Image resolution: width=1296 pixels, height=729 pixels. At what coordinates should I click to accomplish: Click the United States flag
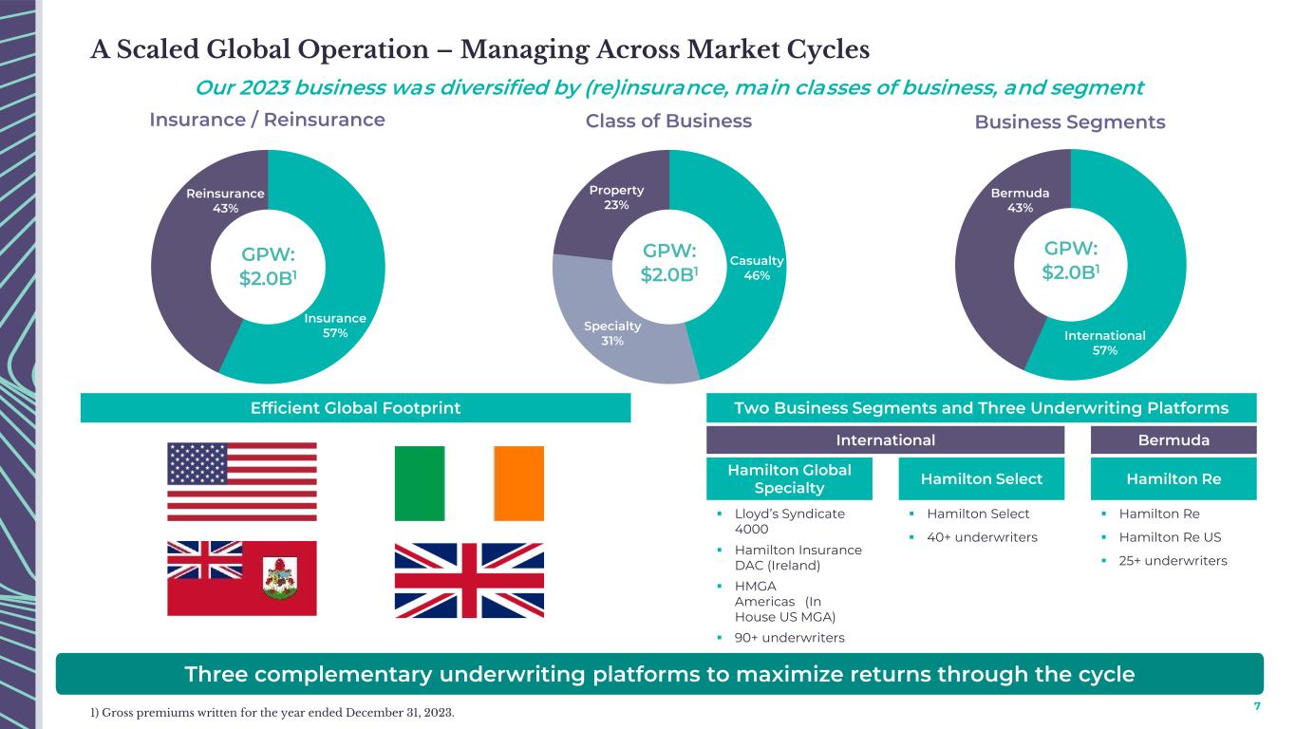coord(242,482)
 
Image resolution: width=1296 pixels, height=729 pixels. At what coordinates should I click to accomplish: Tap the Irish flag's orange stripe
coord(519,483)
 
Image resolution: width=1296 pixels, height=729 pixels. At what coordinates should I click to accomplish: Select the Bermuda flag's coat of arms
coord(281,578)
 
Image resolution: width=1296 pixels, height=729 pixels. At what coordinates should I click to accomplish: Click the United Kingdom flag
coord(469,580)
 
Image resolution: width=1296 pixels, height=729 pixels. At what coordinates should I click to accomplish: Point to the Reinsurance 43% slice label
coord(225,201)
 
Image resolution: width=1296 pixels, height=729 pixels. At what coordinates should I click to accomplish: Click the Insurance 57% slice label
coord(335,326)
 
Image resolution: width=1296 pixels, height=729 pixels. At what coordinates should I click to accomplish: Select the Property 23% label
coord(616,197)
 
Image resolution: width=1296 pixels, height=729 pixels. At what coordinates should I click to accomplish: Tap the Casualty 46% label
coord(757,268)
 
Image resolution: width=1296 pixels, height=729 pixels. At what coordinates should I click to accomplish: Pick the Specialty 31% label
coord(612,333)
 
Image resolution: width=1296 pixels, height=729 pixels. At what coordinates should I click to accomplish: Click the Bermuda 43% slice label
coord(1020,200)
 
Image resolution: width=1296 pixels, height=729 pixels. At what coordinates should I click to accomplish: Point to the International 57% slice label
coord(1104,343)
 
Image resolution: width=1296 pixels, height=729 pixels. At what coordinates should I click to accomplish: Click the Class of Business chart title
coord(668,121)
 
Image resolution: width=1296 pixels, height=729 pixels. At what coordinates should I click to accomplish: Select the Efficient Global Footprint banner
coord(355,408)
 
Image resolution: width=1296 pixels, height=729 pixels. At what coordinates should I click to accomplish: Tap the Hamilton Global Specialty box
coord(789,478)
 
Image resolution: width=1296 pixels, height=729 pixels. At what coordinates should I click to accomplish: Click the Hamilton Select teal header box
coord(982,478)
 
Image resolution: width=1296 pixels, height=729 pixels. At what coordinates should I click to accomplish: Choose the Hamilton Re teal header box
coord(1174,478)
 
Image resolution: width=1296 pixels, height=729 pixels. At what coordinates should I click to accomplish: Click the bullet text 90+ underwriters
coord(789,638)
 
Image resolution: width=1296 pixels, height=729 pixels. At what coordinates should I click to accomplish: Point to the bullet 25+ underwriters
coord(1173,561)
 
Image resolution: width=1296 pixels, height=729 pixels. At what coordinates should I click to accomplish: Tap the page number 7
coord(1257,706)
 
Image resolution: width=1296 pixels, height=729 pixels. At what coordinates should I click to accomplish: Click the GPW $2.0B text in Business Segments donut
coord(1070,260)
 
